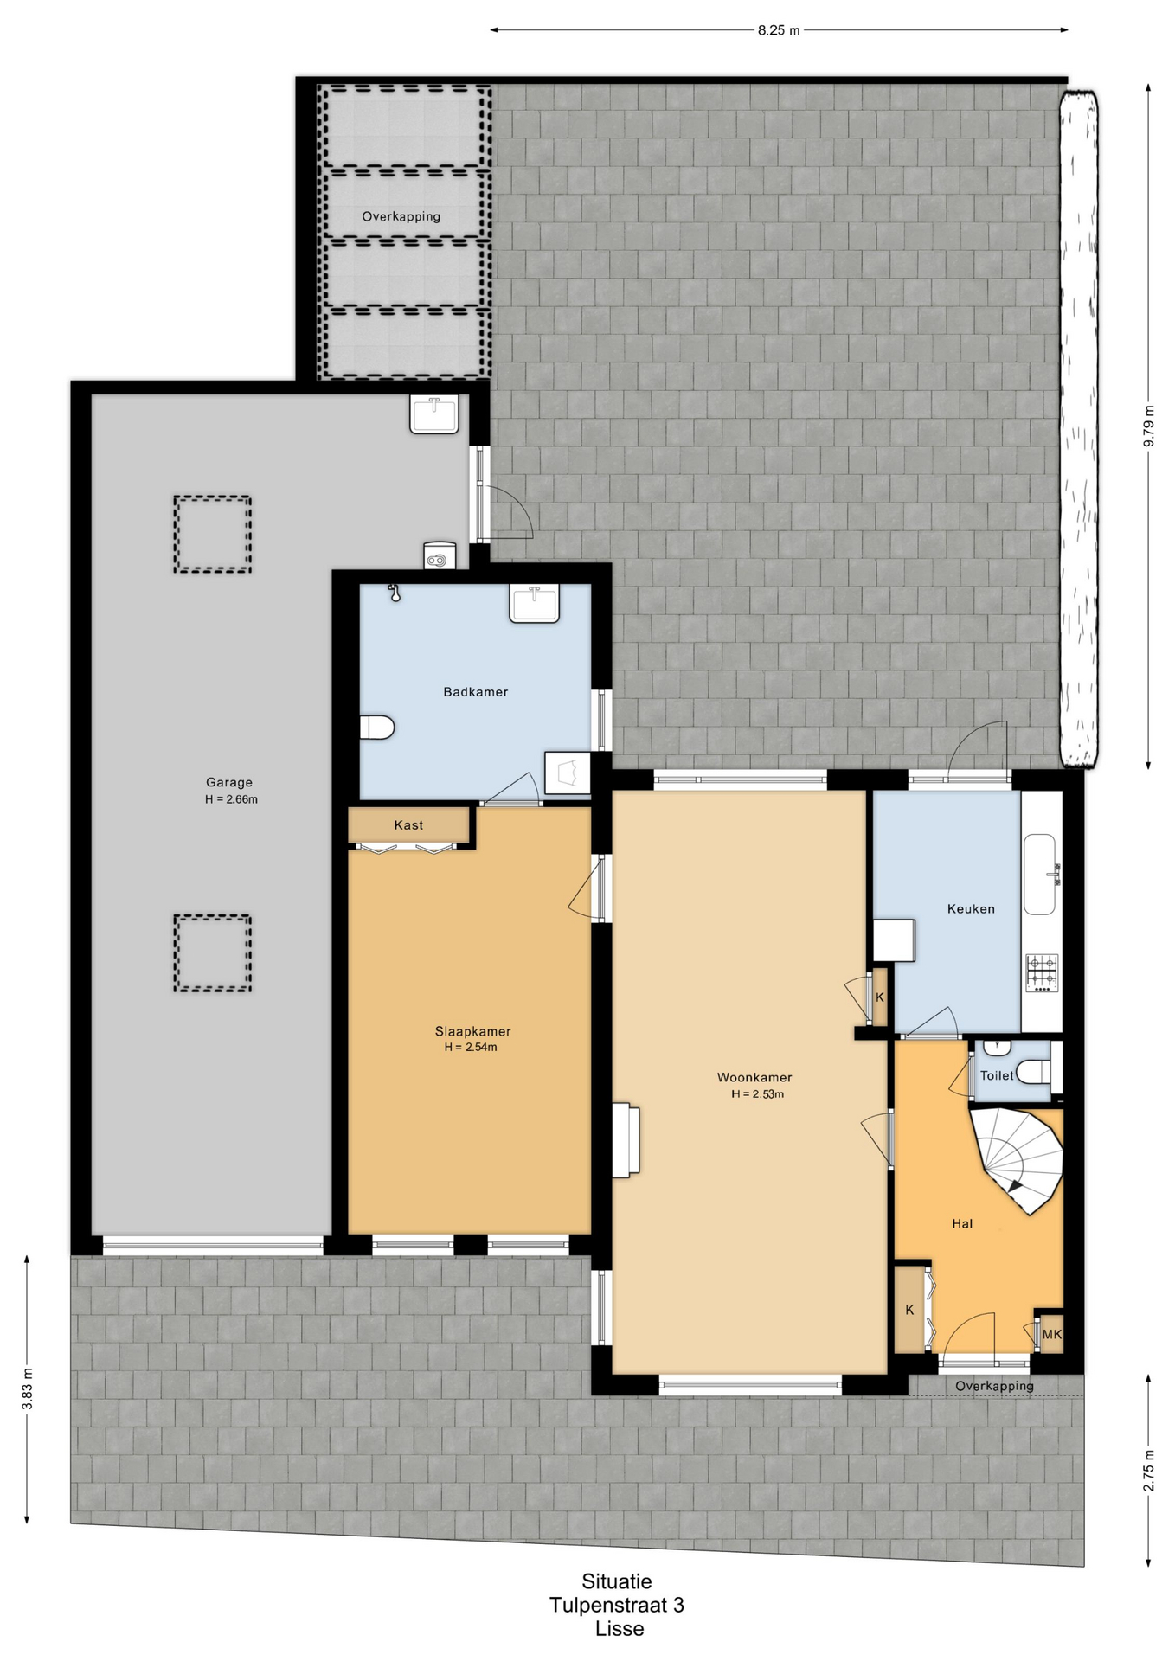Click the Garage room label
tap(229, 782)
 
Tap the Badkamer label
tap(475, 692)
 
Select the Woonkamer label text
tap(754, 1078)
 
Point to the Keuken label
tap(971, 909)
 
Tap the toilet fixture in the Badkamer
tap(377, 728)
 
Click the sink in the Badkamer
tap(535, 603)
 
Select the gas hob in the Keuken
tap(1042, 972)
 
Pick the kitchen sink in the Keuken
tap(1041, 874)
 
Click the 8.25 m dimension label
tap(779, 30)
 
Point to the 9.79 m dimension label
tap(1148, 426)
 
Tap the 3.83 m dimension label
tap(28, 1389)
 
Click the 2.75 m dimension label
tap(1148, 1471)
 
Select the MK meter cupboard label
tap(1051, 1335)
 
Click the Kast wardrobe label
tap(408, 825)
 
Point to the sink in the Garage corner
tap(434, 414)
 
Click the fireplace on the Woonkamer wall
tap(626, 1140)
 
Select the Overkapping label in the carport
tap(401, 216)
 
